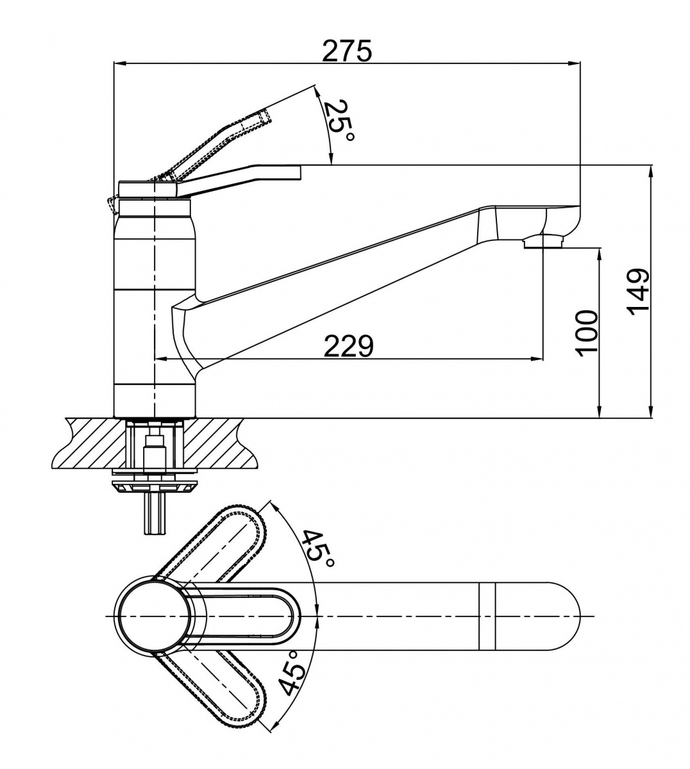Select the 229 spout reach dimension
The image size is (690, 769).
click(x=348, y=346)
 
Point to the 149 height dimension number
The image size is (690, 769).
click(x=639, y=292)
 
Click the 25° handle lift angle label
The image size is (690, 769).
click(x=337, y=124)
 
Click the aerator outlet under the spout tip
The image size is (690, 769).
click(x=542, y=242)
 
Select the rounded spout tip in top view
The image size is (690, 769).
click(x=564, y=616)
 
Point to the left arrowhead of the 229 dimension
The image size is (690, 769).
click(x=160, y=359)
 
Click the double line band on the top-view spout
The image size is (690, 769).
click(x=488, y=616)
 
